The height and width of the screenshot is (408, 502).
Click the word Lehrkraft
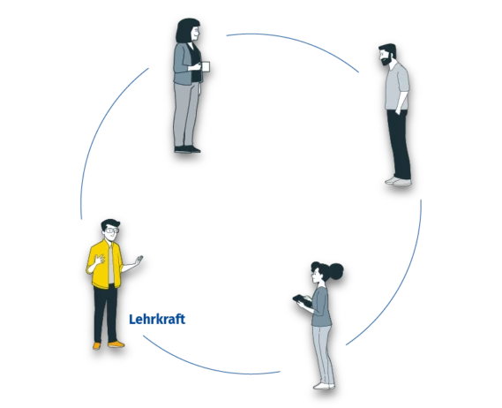point(157,319)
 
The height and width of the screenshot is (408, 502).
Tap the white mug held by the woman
point(206,66)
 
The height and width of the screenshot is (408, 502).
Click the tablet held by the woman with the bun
point(302,300)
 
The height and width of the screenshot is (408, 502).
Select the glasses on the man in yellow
point(112,230)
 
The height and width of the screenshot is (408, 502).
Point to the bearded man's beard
point(386,61)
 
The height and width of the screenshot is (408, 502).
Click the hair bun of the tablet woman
point(336,271)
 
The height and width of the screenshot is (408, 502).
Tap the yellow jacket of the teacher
point(105,264)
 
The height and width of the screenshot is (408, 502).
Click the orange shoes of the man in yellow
point(109,345)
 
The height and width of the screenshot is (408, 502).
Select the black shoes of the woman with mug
point(187,149)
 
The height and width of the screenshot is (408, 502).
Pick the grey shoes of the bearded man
point(398,181)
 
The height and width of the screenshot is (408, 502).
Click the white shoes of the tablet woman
point(324,386)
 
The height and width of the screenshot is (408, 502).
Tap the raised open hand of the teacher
point(139,260)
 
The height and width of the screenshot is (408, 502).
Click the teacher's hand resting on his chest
point(100,259)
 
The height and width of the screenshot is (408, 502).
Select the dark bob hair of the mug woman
point(186,30)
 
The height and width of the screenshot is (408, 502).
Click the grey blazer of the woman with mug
point(184,64)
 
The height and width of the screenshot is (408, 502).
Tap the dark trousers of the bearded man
point(399,144)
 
